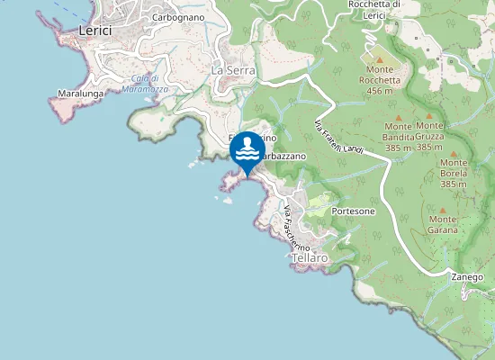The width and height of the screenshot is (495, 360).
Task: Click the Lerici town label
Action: [94, 30]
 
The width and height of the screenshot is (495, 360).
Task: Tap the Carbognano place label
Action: [178, 17]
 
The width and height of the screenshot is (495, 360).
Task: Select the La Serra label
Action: [234, 69]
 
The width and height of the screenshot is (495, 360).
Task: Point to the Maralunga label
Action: [76, 93]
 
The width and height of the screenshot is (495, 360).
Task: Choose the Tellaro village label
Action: [310, 257]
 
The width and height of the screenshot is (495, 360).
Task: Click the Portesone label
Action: [353, 211]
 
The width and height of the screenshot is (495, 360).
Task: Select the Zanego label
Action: [468, 276]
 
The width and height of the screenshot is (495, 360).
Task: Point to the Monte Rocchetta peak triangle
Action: [379, 58]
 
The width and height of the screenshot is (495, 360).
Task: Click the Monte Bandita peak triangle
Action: [398, 115]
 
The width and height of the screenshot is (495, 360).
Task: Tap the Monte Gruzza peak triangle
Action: [429, 115]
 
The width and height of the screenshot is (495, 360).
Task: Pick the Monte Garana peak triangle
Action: [443, 210]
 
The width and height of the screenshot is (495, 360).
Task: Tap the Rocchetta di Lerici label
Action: [373, 9]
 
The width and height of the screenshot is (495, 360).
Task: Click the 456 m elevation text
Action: [379, 91]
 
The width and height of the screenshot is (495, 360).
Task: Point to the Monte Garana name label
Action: [443, 224]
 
